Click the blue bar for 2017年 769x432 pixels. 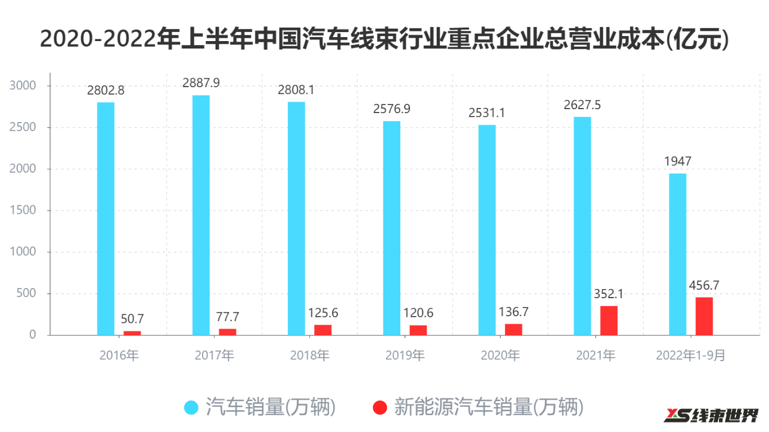coord(201,215)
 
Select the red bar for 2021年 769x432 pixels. coord(609,321)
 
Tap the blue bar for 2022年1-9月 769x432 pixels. coord(678,254)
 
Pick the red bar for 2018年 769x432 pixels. coord(323,330)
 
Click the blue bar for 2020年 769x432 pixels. coord(487,230)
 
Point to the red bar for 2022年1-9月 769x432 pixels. coord(704,316)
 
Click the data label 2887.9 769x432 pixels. coord(201,83)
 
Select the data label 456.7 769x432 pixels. coord(704,285)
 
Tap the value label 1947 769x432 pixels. coord(678,161)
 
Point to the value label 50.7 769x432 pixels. coord(133,319)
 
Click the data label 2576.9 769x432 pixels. coord(392,109)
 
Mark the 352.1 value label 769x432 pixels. coord(609,294)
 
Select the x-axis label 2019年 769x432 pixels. coord(405,355)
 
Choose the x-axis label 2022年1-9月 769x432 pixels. coord(691,355)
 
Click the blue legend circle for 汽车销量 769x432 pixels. coord(192,407)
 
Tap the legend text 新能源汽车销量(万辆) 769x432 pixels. coord(488,407)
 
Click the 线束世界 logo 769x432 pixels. coord(711,416)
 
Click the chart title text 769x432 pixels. coord(384,39)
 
